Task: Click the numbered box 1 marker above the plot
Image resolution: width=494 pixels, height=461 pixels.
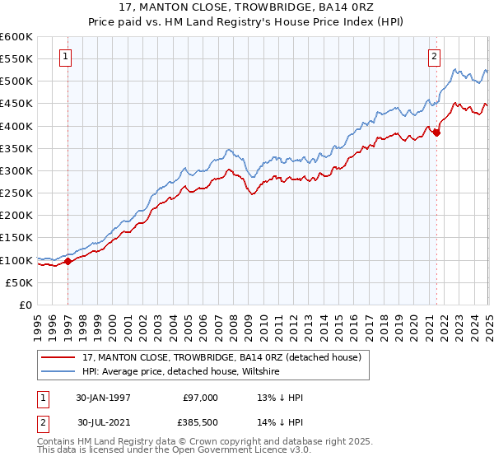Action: coord(65,57)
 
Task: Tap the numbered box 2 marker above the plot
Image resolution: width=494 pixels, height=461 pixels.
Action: coord(433,57)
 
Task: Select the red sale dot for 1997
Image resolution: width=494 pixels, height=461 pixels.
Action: coord(68,262)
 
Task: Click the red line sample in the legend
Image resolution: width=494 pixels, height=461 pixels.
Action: coord(58,357)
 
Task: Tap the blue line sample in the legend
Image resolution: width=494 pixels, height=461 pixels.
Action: coord(58,372)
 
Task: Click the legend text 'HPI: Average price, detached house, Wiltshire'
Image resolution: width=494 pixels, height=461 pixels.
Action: coord(181,372)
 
